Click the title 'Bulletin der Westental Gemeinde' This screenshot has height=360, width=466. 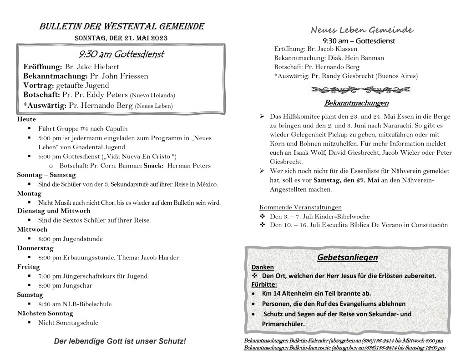pyautogui.click(x=122, y=26)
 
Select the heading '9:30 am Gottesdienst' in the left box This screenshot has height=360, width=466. pyautogui.click(x=121, y=55)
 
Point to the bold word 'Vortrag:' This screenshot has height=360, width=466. pyautogui.click(x=39, y=86)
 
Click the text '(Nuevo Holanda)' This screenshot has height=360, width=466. pyautogui.click(x=152, y=96)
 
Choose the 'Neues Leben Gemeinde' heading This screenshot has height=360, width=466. pyautogui.click(x=362, y=30)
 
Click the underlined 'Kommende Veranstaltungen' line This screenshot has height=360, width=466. pyautogui.click(x=300, y=207)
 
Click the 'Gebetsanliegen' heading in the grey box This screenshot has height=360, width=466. pyautogui.click(x=348, y=258)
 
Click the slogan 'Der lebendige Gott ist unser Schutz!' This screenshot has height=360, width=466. pyautogui.click(x=120, y=341)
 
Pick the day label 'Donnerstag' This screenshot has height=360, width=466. pyautogui.click(x=35, y=248)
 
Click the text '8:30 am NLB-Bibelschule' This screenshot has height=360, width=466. pyautogui.click(x=75, y=304)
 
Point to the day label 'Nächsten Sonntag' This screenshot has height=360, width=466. pyautogui.click(x=45, y=314)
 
